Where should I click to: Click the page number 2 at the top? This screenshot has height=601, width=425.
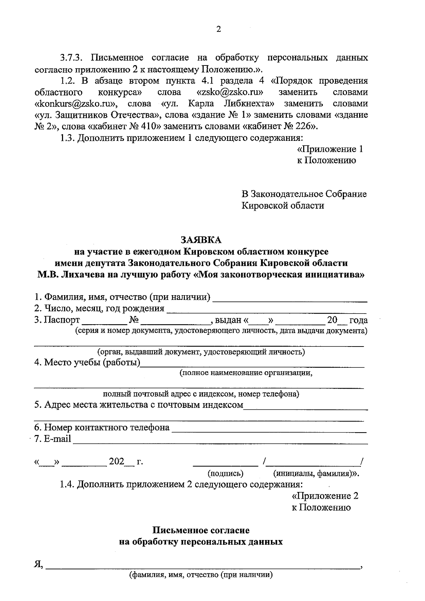click(x=218, y=29)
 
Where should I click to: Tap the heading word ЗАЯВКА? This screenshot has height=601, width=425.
click(x=201, y=240)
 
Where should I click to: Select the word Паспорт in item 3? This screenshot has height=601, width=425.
click(x=62, y=320)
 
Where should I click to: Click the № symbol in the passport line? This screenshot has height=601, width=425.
click(x=134, y=320)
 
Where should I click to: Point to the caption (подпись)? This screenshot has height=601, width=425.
click(x=225, y=473)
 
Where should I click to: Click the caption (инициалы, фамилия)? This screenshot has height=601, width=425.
click(x=315, y=473)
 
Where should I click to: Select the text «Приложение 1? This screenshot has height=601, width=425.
click(x=330, y=149)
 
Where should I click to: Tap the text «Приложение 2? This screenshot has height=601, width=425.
click(x=325, y=496)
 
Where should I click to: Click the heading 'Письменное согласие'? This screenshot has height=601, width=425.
click(x=201, y=530)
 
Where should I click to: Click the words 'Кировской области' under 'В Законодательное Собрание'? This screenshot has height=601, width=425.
click(x=283, y=205)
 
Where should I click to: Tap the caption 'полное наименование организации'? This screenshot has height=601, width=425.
click(x=246, y=373)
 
